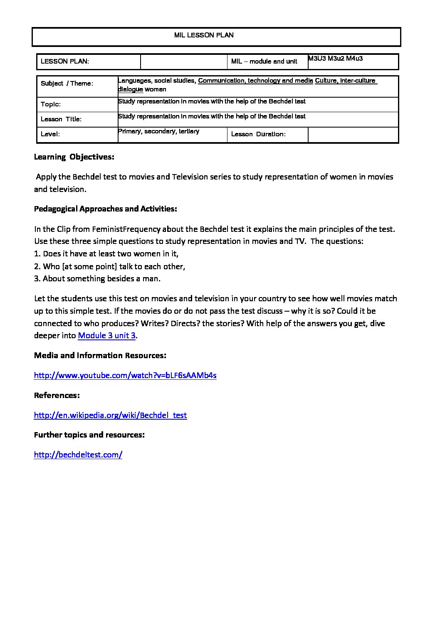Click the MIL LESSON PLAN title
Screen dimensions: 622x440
click(204, 35)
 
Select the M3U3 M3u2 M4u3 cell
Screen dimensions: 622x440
click(335, 59)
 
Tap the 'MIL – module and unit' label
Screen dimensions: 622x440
click(264, 61)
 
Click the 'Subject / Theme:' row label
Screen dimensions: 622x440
click(67, 84)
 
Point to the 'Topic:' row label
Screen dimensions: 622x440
click(51, 104)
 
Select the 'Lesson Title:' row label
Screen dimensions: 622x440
click(61, 119)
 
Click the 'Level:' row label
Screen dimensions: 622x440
click(50, 134)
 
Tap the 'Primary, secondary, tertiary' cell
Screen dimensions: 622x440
click(159, 131)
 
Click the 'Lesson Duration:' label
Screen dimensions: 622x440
click(258, 134)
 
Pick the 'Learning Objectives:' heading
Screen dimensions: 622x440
click(74, 157)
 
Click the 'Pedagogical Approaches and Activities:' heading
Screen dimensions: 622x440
click(105, 209)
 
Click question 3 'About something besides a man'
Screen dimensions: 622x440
click(97, 279)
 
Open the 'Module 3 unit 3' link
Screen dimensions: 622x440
click(106, 336)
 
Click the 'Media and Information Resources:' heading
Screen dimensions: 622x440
click(100, 356)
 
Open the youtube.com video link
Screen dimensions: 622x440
click(125, 376)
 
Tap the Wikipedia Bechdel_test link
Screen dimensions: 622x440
click(110, 415)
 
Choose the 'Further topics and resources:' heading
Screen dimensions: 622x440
click(89, 435)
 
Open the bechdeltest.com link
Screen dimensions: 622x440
click(78, 455)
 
